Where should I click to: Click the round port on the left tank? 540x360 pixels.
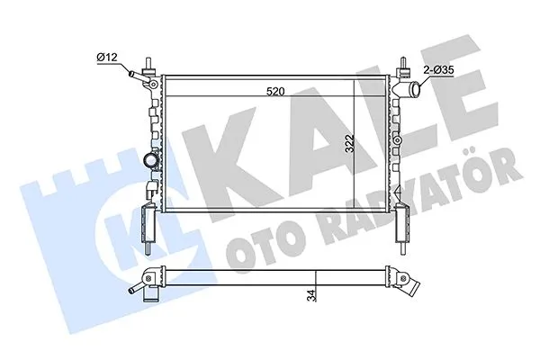(149, 162)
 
